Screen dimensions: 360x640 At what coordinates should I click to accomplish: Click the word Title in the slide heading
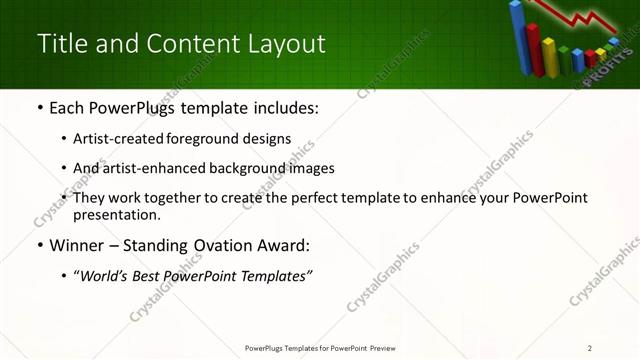[59, 44]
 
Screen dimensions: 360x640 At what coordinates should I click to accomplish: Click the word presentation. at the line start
[116, 215]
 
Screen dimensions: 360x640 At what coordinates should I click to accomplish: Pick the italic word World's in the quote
[104, 276]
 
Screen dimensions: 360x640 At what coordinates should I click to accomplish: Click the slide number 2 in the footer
[590, 348]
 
